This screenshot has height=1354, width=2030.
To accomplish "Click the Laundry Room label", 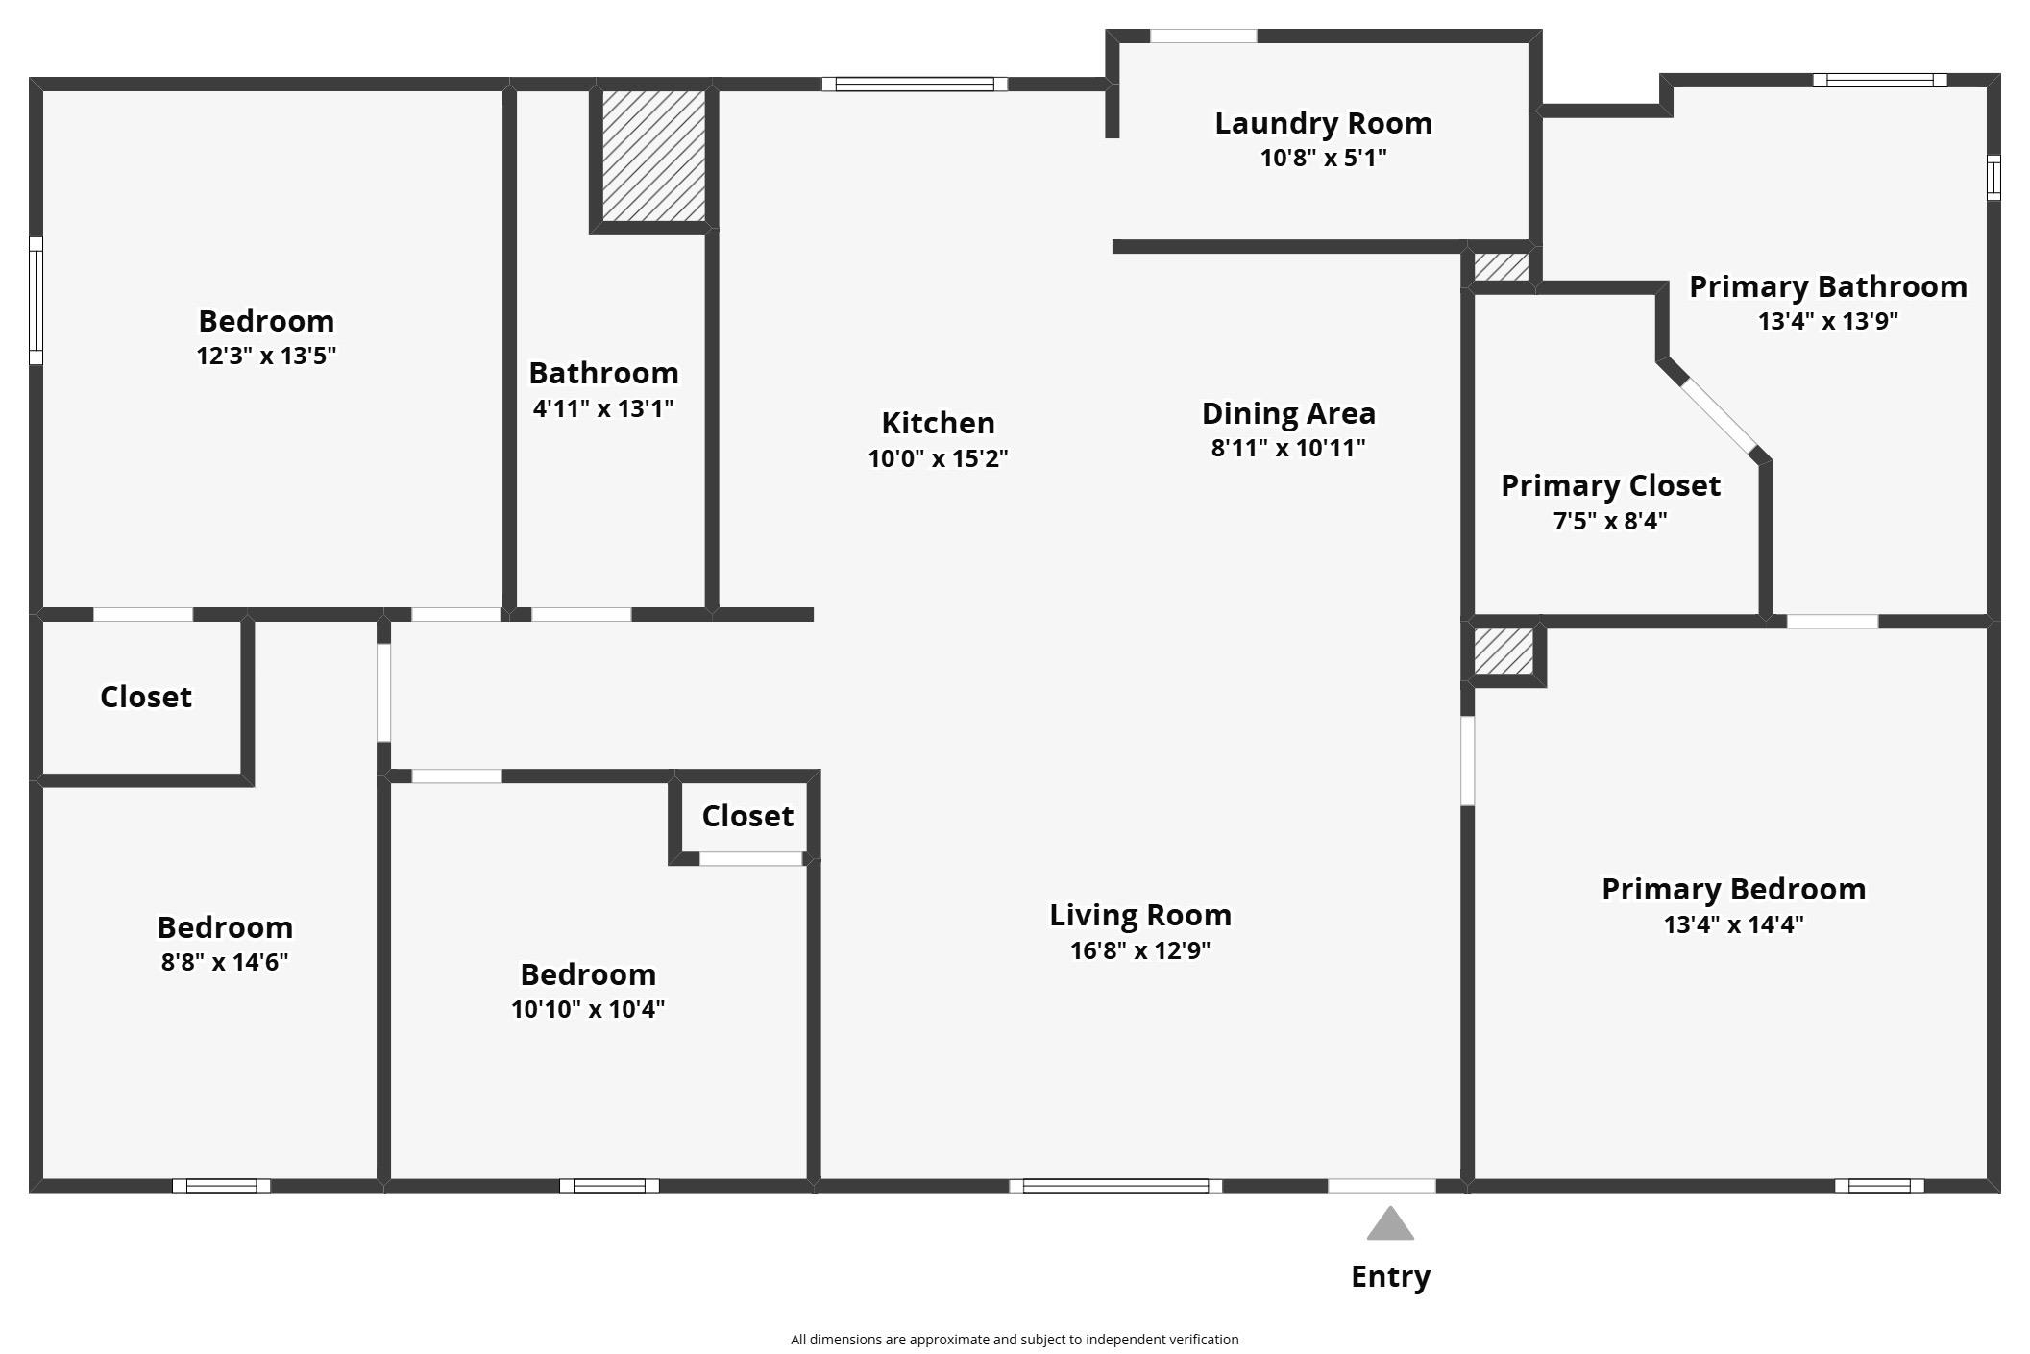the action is point(1323,123).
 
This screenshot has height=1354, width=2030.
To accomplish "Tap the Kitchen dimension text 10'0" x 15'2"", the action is point(938,458).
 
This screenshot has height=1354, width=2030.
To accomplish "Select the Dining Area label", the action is point(1288,413).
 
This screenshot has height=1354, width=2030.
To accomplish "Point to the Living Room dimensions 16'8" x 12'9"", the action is point(1139,950).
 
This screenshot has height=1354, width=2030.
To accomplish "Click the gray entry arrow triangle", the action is point(1390,1223).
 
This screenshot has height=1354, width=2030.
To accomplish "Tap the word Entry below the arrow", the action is point(1390,1276).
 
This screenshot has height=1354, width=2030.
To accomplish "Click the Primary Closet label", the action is point(1610,485).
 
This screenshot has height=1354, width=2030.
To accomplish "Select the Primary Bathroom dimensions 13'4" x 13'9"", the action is point(1827,321).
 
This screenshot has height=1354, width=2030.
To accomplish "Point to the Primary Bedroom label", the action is point(1733,889).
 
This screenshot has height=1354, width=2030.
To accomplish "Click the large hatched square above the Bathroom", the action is point(653,156).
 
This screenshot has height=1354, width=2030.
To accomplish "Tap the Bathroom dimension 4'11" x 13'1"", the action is point(603,408).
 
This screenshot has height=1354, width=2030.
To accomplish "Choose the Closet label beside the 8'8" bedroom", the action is point(146,697).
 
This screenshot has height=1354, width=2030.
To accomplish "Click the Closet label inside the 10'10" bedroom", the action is point(747,816).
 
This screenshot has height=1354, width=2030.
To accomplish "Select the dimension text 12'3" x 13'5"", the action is point(266,357).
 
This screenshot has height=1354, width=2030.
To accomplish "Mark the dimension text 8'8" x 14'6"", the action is point(225,962).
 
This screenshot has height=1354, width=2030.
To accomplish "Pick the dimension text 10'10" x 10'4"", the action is point(588,1009).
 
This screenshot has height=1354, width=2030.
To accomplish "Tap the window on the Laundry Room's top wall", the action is point(1203,37).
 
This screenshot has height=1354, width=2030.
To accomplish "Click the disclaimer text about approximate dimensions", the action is point(1015,1340).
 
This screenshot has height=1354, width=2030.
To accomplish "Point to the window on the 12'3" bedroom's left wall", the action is point(37,301).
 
